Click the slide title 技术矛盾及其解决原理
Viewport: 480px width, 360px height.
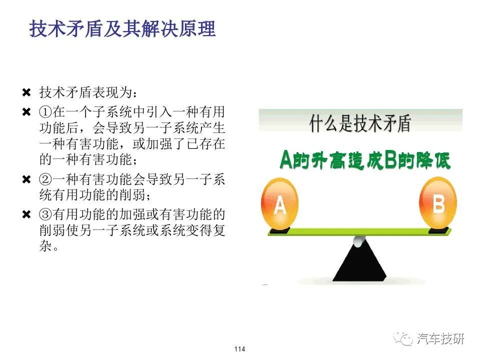pos(122,29)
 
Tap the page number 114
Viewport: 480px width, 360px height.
pos(239,348)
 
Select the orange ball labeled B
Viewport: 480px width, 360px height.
pos(438,203)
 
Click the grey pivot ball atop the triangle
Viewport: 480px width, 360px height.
pos(359,241)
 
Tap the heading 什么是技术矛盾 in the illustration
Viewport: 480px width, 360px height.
pos(360,123)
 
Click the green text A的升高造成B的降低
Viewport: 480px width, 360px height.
pos(365,160)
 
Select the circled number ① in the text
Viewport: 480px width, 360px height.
pos(45,112)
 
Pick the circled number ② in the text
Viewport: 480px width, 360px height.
pos(45,179)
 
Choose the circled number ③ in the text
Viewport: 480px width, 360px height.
pos(45,214)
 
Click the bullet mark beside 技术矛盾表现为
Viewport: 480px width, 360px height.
pos(26,92)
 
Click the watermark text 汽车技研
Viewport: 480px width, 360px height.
pos(440,338)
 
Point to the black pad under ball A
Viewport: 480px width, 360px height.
pos(279,230)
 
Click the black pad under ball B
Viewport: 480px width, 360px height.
pos(438,230)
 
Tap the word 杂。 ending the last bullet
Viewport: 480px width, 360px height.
pos(48,246)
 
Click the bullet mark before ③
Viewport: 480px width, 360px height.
pos(26,214)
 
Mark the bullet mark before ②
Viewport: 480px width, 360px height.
pos(26,179)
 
